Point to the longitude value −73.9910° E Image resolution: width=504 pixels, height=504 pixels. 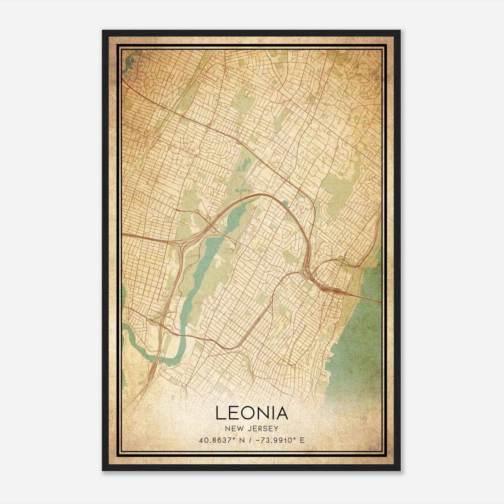[279, 440]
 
